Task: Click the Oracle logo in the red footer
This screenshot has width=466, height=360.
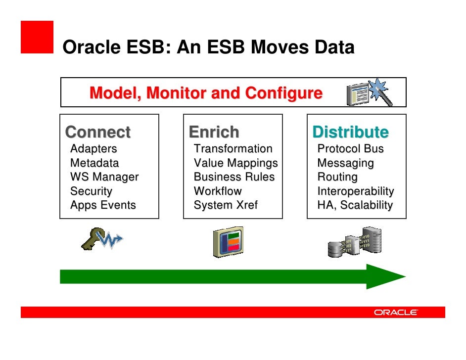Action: pos(396,313)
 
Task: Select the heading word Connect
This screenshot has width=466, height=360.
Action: pos(98,132)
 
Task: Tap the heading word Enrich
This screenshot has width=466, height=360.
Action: pos(214,132)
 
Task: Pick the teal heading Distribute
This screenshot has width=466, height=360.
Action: pos(350,132)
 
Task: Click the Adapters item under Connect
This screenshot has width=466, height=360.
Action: pos(93,149)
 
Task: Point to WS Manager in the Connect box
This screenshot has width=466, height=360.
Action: pos(104,177)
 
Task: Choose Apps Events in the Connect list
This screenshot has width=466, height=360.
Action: pos(103,205)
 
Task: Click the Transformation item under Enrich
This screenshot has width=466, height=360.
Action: pos(233,149)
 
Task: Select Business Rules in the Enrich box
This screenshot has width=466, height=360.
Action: pos(234,177)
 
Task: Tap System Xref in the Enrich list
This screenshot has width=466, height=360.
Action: pos(226,205)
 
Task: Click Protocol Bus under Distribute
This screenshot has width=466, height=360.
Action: pos(350,149)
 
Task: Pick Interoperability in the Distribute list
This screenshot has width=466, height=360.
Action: pos(355,191)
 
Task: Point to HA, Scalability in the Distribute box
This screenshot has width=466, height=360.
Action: pos(355,205)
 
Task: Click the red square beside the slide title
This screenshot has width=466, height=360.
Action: pos(37,37)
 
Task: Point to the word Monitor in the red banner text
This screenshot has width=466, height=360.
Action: pos(177,93)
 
